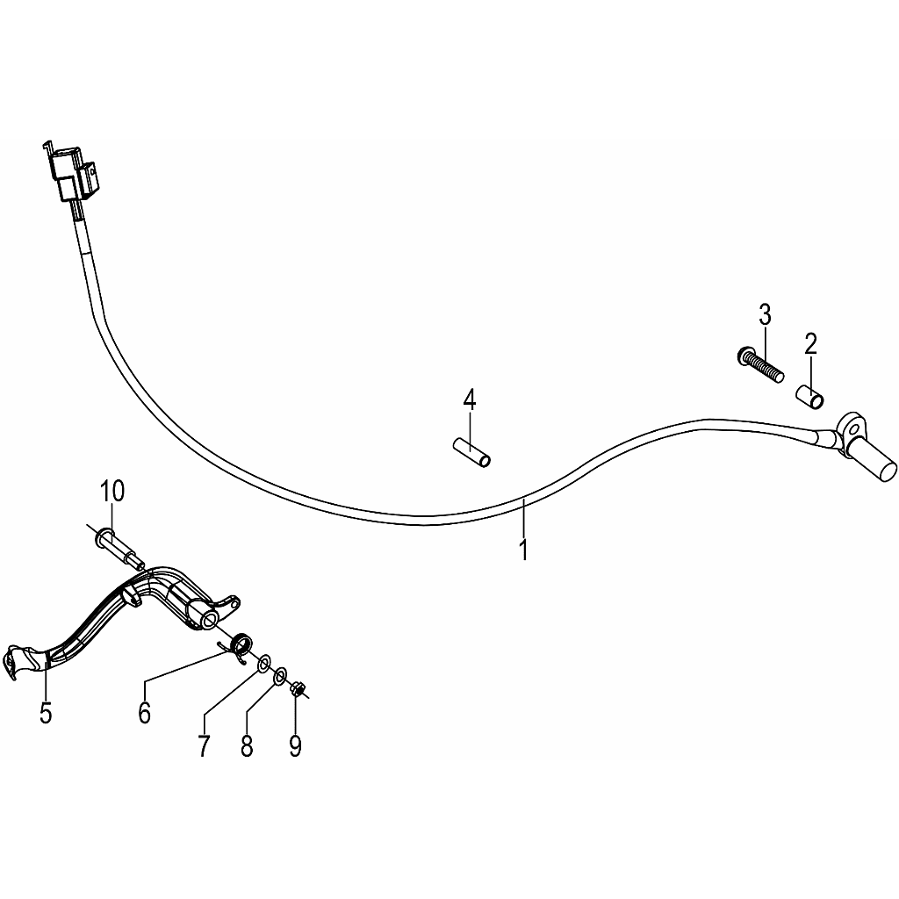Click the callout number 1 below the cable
pos(523,550)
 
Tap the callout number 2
pos(810,344)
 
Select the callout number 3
pos(765,315)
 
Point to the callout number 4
pos(470,399)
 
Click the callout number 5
pos(46,713)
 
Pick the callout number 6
pos(145,713)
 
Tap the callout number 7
pos(205,745)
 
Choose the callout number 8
pos(247,745)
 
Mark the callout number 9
pos(295,745)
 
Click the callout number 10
pos(111,492)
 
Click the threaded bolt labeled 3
pos(759,364)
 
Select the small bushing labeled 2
pos(810,398)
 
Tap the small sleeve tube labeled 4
pos(471,452)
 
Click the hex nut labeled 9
pos(297,688)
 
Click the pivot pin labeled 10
pos(117,546)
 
